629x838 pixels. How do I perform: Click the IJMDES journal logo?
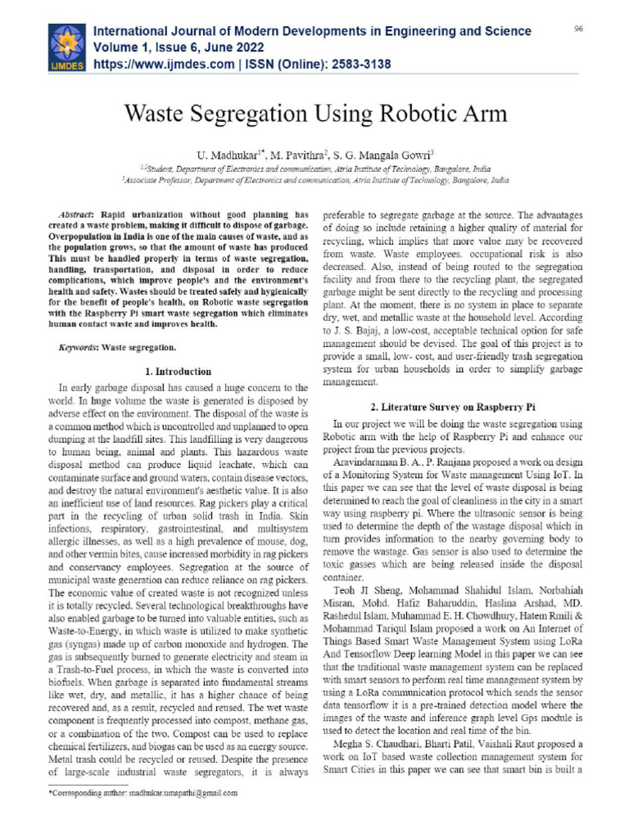66,47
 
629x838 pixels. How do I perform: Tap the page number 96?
578,29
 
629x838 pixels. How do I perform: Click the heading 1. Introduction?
178,371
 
